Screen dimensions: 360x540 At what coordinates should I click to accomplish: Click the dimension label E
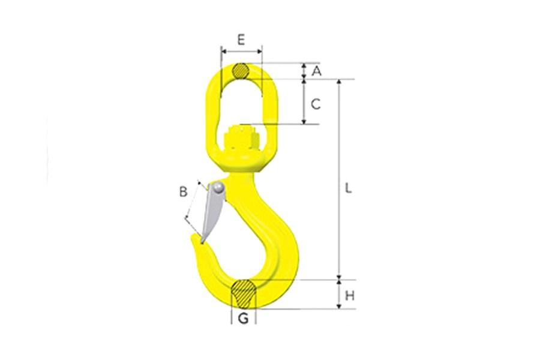[241, 40]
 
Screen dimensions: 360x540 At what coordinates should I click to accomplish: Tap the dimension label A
[317, 71]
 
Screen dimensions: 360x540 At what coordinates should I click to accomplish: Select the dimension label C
[316, 104]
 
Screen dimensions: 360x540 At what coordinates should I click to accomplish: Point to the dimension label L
[348, 187]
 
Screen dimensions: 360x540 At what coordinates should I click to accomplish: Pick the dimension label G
[243, 319]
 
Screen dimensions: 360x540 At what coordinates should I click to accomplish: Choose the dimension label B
[184, 193]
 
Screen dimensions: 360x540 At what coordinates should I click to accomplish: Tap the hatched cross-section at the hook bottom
[244, 294]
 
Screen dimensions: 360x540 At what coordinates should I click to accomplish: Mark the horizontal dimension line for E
[241, 52]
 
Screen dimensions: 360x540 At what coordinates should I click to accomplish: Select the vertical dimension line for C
[304, 102]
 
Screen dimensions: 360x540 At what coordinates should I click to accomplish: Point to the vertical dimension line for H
[340, 294]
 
